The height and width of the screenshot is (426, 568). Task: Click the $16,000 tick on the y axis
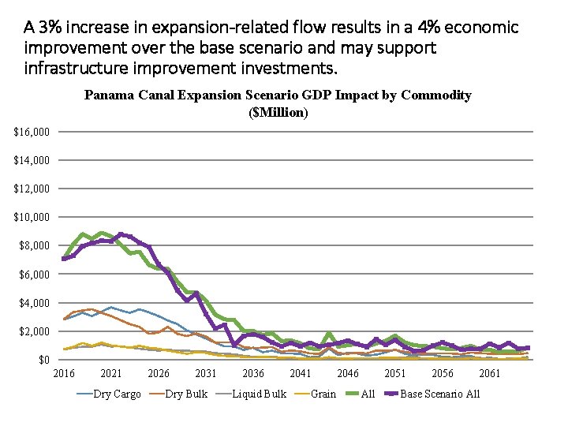coord(32,131)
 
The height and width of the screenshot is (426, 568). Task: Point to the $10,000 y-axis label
coord(32,217)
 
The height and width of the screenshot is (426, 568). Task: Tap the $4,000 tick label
coord(35,303)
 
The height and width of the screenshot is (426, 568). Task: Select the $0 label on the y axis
coord(44,360)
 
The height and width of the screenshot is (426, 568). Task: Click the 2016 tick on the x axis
coord(64,373)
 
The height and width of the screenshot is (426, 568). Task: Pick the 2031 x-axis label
coord(206,373)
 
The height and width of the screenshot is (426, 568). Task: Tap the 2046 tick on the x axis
coord(348,373)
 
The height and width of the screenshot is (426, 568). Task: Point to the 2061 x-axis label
coord(490,373)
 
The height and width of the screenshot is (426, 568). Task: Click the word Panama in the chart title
coord(109,95)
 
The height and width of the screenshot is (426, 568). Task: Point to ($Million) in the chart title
coord(278,112)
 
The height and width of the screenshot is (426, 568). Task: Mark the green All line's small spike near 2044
coord(329,334)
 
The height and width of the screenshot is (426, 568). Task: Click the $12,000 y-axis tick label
coord(32,189)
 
